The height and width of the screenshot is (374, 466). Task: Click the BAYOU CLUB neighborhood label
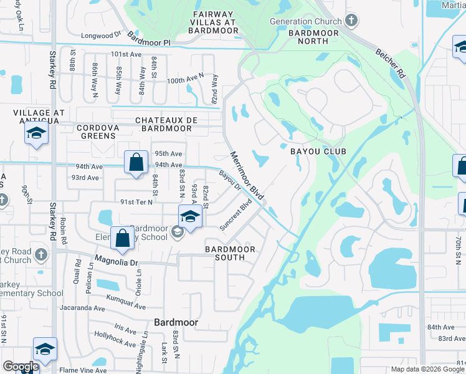(317, 151)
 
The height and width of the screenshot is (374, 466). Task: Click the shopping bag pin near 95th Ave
(135, 162)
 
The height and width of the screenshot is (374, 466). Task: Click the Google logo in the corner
(20, 367)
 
